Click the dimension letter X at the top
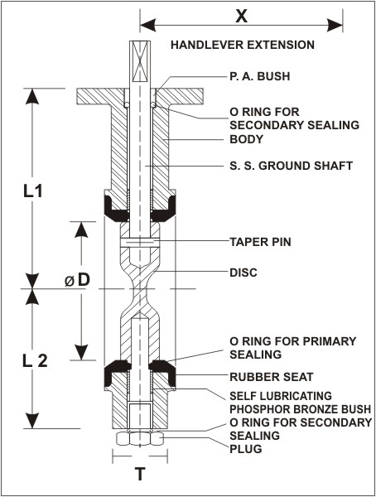pyautogui.click(x=242, y=17)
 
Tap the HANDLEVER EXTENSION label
pyautogui.click(x=243, y=45)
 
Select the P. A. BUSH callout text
pyautogui.click(x=260, y=76)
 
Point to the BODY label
pyautogui.click(x=246, y=139)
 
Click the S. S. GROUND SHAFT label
pyautogui.click(x=291, y=166)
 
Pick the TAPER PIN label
pyautogui.click(x=260, y=242)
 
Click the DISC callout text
pyautogui.click(x=243, y=273)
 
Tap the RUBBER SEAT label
pyautogui.click(x=272, y=377)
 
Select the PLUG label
pyautogui.click(x=246, y=449)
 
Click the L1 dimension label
pyautogui.click(x=33, y=191)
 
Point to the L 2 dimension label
pyautogui.click(x=35, y=361)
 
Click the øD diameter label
pyautogui.click(x=78, y=281)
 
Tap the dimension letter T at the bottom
pyautogui.click(x=140, y=474)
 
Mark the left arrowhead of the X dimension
pyautogui.click(x=147, y=25)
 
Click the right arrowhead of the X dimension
pyautogui.click(x=335, y=25)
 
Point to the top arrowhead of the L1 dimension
pyautogui.click(x=32, y=96)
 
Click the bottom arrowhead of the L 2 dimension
pyautogui.click(x=32, y=421)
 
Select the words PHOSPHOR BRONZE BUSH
pyautogui.click(x=301, y=409)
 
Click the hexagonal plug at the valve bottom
pyautogui.click(x=140, y=439)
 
